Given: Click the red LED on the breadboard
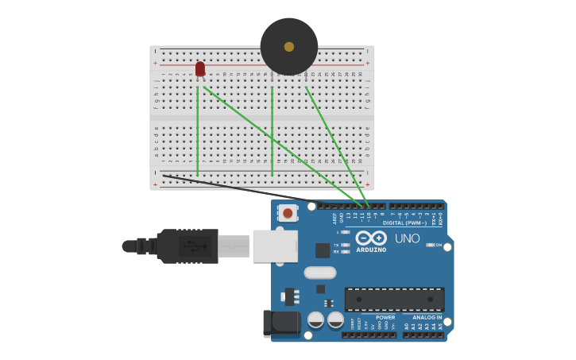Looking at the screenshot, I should [200, 69].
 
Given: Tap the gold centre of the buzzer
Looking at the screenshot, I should [289, 47].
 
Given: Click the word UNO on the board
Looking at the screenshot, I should [408, 238].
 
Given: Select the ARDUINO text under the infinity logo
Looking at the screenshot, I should [371, 250].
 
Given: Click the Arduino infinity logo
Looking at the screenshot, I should [371, 238].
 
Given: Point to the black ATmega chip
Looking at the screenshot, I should [394, 300].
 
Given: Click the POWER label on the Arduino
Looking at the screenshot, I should [385, 317].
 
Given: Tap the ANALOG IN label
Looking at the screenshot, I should [427, 317].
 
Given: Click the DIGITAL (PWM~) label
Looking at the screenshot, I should [404, 223].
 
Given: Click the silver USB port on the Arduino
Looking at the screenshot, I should [275, 246].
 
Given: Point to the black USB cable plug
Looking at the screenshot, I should [187, 246].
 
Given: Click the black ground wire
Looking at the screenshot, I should [238, 188].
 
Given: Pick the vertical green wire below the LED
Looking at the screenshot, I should [198, 131].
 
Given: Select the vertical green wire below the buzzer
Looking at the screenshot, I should [273, 131].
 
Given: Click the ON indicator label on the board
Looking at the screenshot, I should [439, 245].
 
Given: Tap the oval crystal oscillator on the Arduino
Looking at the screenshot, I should [320, 273].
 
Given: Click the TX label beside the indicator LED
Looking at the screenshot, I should [337, 244].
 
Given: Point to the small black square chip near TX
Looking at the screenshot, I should [323, 250].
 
